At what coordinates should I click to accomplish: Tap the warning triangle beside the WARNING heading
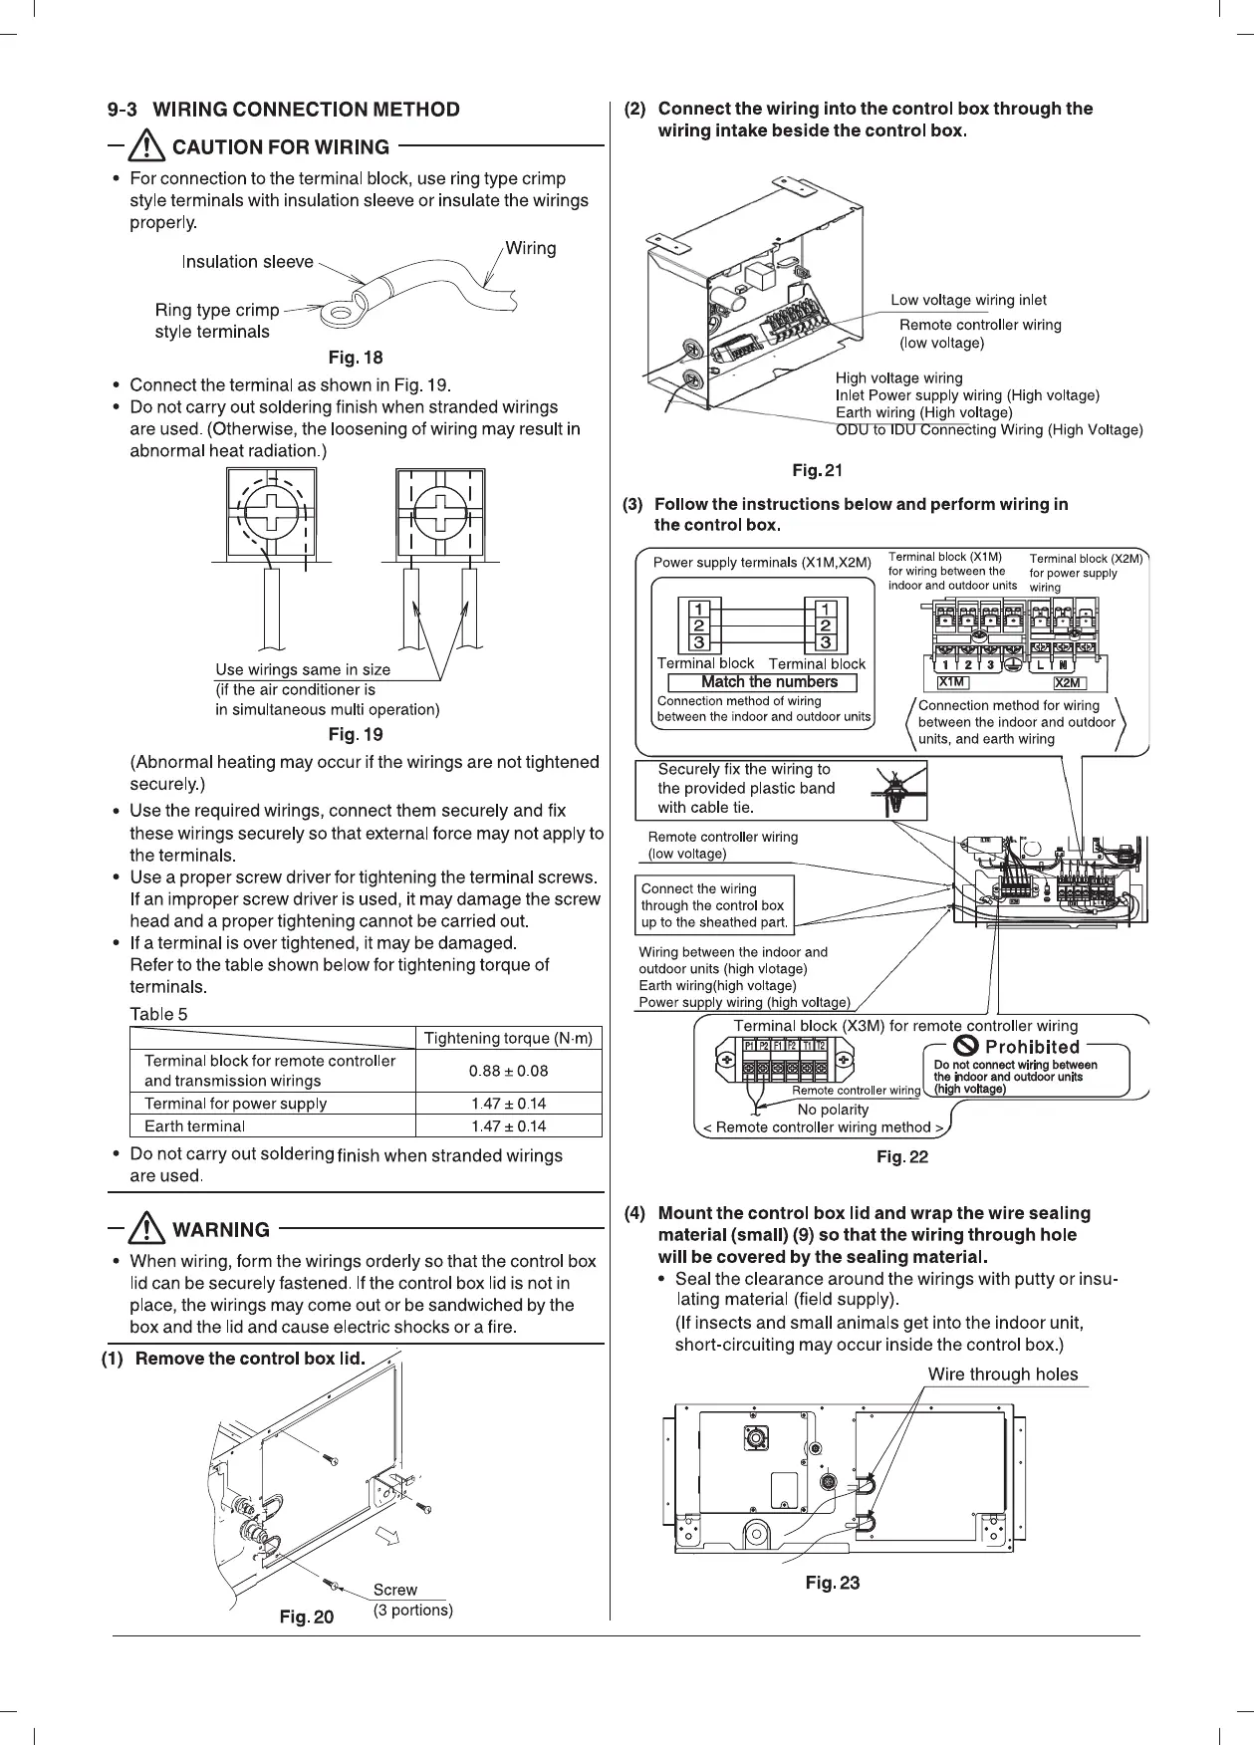coord(149,1228)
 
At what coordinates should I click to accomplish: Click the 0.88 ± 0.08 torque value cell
coord(508,1071)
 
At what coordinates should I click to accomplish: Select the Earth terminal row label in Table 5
coord(194,1125)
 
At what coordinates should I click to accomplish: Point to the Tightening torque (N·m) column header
coord(508,1038)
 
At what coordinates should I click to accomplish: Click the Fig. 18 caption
coord(356,358)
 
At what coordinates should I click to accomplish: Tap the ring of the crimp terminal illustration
coord(342,315)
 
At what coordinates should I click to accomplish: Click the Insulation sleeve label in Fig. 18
coord(247,262)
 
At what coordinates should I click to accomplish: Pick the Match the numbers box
coord(769,682)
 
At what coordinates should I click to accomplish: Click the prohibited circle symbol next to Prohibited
coord(965,1046)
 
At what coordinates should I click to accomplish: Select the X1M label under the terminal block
coord(952,682)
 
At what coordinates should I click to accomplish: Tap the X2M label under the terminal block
coord(1068,682)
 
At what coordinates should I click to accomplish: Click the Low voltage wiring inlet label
coord(968,300)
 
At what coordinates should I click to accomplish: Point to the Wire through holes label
coord(1002,1374)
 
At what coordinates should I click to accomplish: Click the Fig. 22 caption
coord(901,1156)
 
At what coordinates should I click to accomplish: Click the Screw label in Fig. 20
coord(394,1590)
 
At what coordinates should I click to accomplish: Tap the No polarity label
coord(833,1110)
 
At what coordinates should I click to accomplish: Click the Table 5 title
coord(158,1014)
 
